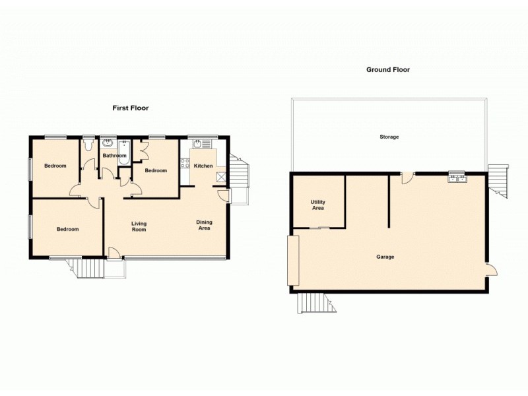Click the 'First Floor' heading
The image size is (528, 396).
pyautogui.click(x=129, y=108)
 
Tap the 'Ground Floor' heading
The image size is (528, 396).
pyautogui.click(x=389, y=69)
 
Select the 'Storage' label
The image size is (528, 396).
pyautogui.click(x=389, y=137)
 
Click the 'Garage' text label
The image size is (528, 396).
pyautogui.click(x=385, y=257)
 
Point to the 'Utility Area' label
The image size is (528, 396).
pyautogui.click(x=318, y=205)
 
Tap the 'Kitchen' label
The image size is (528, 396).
pyautogui.click(x=203, y=166)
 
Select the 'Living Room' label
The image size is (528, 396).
pyautogui.click(x=139, y=226)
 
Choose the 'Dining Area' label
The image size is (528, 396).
pyautogui.click(x=204, y=225)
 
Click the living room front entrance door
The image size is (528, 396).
pyautogui.click(x=114, y=253)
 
